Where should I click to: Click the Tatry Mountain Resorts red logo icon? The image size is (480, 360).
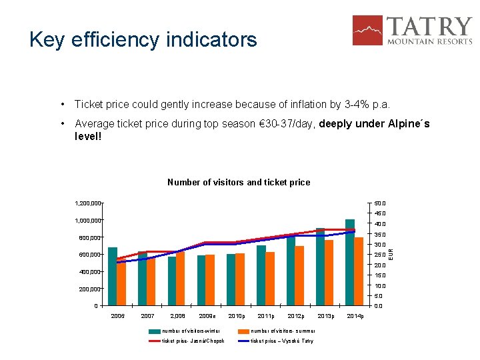click(367, 30)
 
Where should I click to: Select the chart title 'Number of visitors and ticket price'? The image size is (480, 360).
click(238, 182)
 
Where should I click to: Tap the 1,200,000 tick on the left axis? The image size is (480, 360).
click(87, 203)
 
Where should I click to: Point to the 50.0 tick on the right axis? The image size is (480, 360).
click(379, 203)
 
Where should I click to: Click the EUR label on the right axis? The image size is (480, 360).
click(391, 254)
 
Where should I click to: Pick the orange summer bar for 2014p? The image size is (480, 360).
click(359, 271)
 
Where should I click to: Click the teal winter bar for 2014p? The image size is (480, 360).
click(350, 262)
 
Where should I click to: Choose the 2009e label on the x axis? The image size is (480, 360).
click(207, 316)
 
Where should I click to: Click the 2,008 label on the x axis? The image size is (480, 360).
click(177, 316)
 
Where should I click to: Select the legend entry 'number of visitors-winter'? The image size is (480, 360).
click(191, 331)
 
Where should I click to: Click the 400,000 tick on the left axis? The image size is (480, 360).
click(87, 272)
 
